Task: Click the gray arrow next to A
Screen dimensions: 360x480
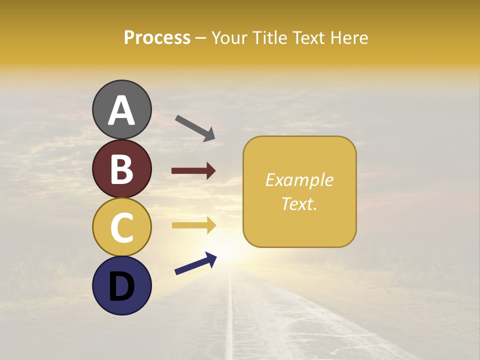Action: tap(195, 127)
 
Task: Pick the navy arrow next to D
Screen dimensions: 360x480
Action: tap(195, 263)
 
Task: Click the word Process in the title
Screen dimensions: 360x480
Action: tap(157, 37)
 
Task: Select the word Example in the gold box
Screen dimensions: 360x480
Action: tap(299, 180)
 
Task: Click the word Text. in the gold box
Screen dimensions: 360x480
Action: tap(299, 203)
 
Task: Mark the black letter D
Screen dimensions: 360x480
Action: tap(121, 286)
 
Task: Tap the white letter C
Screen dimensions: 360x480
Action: tap(121, 228)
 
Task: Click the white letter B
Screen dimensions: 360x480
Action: tap(121, 169)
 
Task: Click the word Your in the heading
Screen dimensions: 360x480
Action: tap(227, 37)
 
